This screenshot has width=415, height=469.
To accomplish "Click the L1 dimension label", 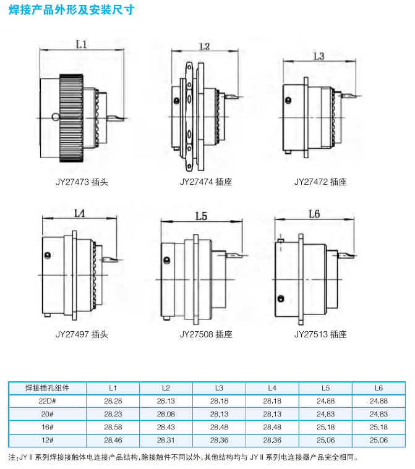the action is click(82, 44).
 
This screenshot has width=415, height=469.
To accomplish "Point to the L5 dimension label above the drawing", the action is click(201, 216).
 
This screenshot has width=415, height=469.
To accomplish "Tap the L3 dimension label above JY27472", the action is click(319, 56).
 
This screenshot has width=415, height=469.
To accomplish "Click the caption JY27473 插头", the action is click(82, 182).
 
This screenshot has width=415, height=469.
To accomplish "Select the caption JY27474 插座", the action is click(206, 182).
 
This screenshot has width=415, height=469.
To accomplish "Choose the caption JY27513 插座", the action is click(320, 334).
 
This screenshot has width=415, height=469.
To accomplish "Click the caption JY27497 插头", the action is click(82, 334).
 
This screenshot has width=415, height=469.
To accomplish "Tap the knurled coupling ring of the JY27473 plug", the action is click(72, 118).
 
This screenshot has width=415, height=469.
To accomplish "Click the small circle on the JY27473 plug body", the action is click(56, 117).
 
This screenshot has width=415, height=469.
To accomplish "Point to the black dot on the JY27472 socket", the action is click(288, 100).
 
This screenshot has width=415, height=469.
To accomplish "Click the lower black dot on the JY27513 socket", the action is click(281, 298).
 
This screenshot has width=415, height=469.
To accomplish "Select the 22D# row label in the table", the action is click(47, 401).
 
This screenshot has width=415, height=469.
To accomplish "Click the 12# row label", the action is click(47, 441).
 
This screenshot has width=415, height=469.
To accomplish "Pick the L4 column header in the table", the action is click(272, 388).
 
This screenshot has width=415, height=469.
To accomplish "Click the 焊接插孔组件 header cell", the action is click(47, 388).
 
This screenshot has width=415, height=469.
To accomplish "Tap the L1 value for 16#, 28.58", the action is click(113, 427).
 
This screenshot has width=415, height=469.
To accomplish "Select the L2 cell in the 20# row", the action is click(166, 414).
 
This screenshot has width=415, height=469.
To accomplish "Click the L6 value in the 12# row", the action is click(379, 441).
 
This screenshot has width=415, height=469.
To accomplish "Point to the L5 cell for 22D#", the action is click(325, 401).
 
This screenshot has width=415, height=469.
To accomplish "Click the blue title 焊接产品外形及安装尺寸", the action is click(72, 10).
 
